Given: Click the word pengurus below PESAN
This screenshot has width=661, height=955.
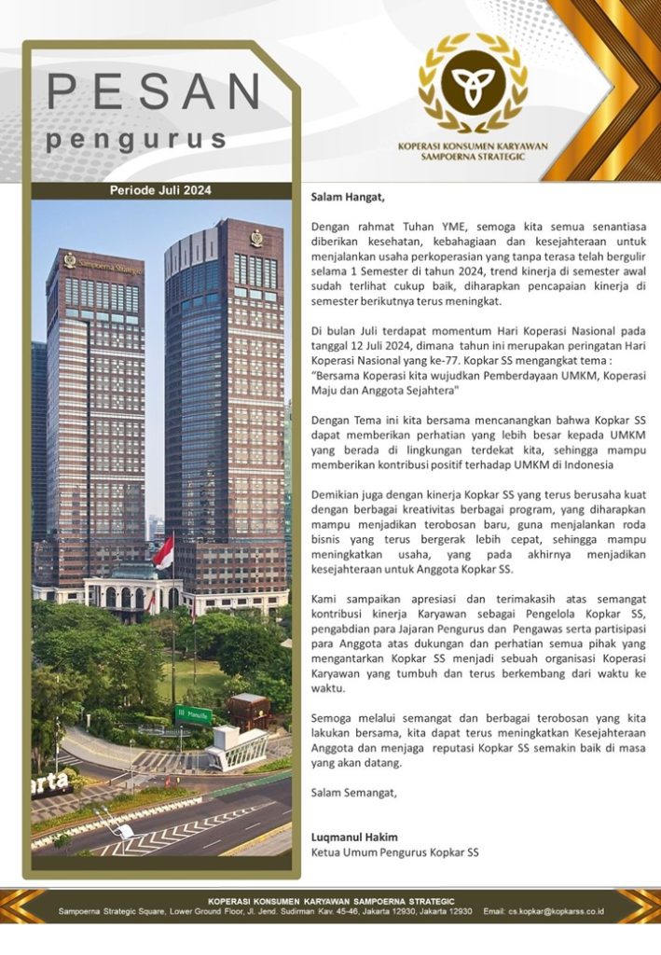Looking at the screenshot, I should (x=137, y=140).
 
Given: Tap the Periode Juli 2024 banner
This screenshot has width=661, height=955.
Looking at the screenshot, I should (x=160, y=190).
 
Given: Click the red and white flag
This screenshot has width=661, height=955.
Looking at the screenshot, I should (x=164, y=553).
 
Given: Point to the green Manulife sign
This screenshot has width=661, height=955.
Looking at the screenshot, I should (x=194, y=715).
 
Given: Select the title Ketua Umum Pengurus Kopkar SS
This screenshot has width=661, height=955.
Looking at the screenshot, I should (x=394, y=852).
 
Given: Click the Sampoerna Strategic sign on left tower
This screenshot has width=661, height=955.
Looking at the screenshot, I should (x=103, y=262).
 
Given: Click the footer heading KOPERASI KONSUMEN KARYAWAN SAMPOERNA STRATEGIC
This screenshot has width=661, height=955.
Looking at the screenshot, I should (x=331, y=901).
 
